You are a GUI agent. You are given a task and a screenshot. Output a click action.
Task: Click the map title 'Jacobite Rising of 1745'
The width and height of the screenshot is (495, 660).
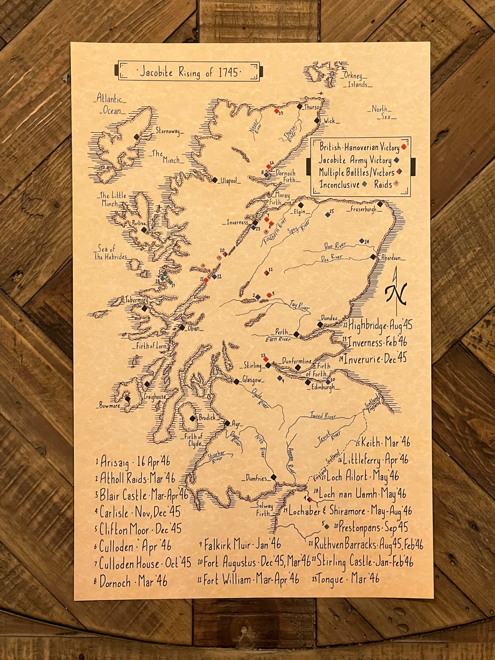[x=189, y=72]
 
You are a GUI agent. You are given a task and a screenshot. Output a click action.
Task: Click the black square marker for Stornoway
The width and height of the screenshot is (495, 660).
[x=136, y=137]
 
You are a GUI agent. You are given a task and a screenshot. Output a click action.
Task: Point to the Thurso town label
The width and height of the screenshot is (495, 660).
[x=312, y=107]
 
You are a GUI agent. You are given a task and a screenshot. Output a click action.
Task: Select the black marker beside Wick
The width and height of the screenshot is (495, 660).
[x=316, y=120]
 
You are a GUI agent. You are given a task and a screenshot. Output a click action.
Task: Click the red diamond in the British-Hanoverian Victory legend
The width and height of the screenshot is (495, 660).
[x=404, y=147]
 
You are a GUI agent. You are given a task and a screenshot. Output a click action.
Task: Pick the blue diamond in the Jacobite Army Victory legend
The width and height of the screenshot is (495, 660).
[x=396, y=160]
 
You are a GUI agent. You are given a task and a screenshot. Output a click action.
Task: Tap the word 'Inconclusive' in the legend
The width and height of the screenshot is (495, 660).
[x=339, y=185]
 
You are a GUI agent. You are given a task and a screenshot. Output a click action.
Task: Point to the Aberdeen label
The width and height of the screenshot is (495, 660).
[x=391, y=258]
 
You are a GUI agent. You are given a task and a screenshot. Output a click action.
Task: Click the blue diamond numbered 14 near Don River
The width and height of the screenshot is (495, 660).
[x=362, y=241]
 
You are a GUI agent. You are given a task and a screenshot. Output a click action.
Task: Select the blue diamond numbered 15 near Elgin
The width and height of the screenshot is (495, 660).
[x=328, y=214]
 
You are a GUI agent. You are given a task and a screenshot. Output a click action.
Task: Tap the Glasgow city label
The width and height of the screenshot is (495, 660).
[x=253, y=380]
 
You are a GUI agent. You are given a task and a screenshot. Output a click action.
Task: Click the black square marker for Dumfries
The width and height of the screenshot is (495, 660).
[x=274, y=477]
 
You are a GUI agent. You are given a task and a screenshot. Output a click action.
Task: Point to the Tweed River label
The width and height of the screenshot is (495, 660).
[x=323, y=416]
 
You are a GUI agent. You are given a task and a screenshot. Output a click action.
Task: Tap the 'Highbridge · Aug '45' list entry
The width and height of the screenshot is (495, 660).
[x=380, y=325]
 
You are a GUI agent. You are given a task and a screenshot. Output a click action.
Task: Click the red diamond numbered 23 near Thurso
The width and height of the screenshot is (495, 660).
[x=276, y=111]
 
